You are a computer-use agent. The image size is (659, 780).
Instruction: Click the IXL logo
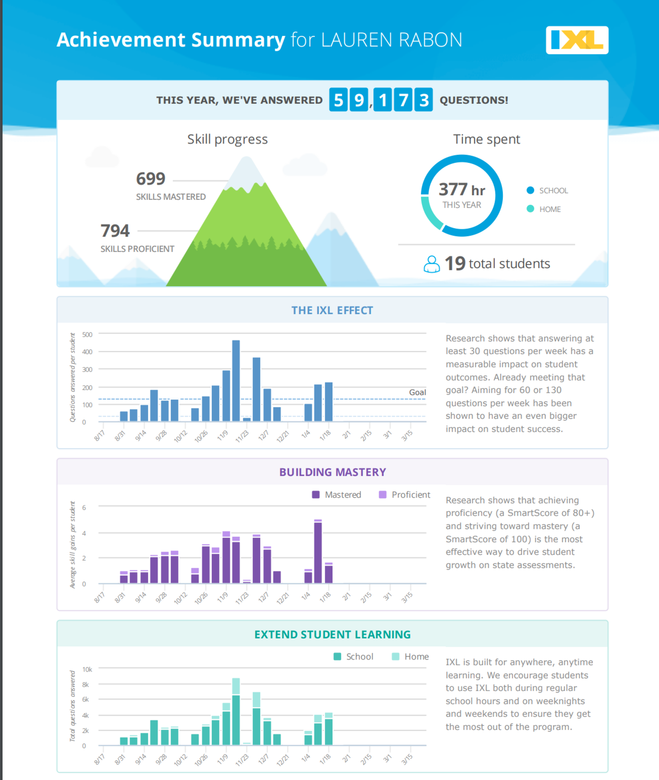[x=577, y=40]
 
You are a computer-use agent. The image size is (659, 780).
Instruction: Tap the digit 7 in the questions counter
[x=403, y=100]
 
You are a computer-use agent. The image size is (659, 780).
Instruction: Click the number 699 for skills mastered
[x=151, y=179]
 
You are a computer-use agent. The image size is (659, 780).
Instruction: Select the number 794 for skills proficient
[x=115, y=230]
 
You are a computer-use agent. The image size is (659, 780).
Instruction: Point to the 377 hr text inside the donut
[x=462, y=190]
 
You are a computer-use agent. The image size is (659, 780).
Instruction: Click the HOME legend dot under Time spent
[x=530, y=209]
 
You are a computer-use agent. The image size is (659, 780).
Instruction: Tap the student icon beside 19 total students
[x=431, y=264]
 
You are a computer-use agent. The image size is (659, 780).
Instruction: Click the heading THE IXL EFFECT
[x=332, y=310]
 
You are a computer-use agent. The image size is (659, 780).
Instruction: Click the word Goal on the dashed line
[x=417, y=392]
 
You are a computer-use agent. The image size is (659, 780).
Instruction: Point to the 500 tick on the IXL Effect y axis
[x=87, y=334]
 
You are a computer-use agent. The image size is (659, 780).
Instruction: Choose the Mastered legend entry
[x=337, y=495]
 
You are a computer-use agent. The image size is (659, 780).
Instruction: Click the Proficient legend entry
[x=404, y=495]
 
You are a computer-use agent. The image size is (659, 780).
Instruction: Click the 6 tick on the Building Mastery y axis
[x=84, y=507]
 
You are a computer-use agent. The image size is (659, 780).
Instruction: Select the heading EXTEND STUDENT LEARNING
[x=332, y=635]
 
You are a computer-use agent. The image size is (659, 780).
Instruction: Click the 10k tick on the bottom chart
[x=87, y=669]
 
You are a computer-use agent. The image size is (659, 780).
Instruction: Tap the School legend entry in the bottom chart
[x=353, y=657]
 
